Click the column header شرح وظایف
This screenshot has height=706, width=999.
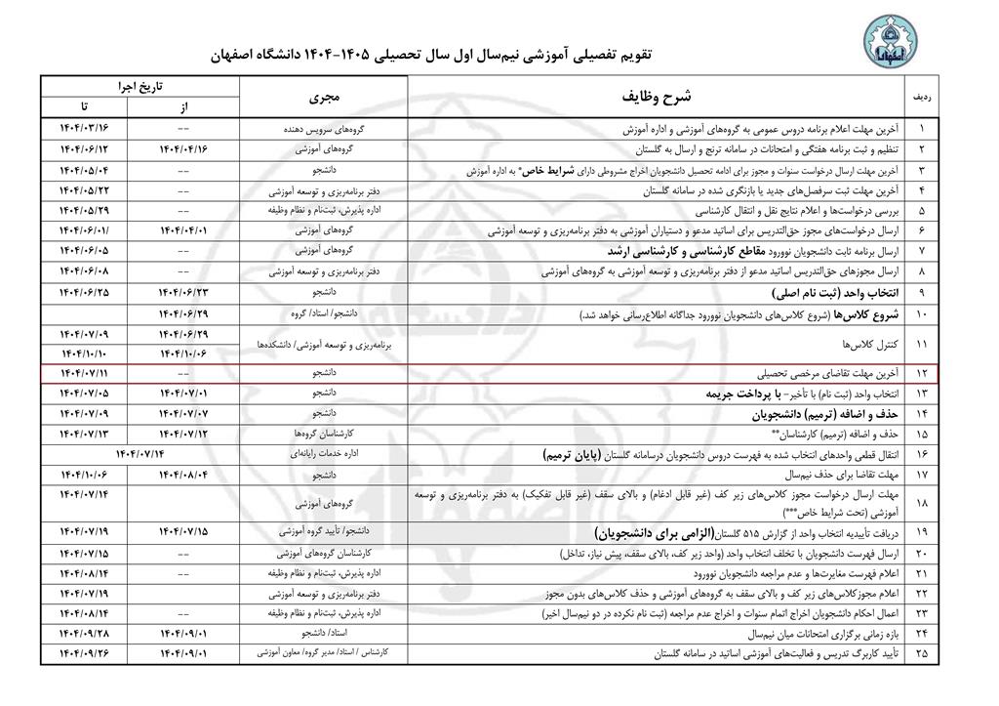656,98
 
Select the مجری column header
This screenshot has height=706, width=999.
322,98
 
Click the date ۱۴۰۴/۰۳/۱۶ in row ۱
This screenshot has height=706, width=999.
84,129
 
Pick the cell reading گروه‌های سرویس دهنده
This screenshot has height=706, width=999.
324,129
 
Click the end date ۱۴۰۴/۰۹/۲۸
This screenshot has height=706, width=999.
84,633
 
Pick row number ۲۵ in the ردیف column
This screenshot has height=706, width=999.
923,652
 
